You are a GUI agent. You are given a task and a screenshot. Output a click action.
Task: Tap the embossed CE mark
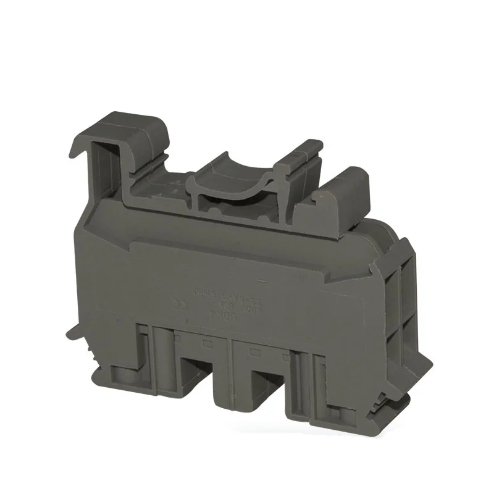click(197, 304)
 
